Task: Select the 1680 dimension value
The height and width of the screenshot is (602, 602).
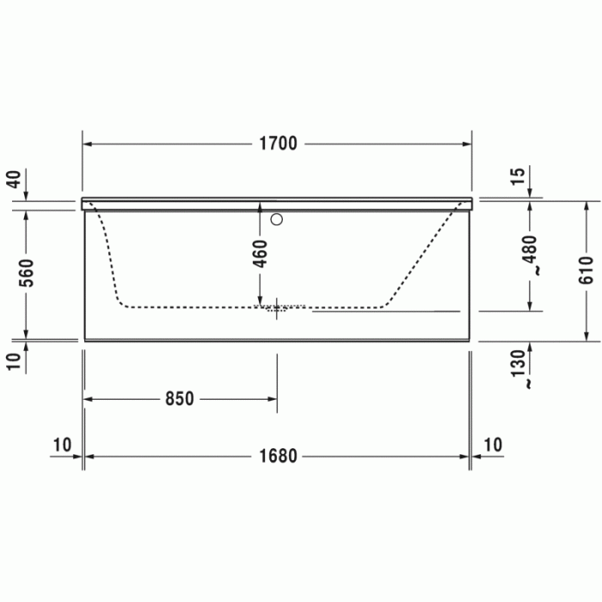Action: [276, 456]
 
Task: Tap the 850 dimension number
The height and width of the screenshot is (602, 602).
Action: [179, 398]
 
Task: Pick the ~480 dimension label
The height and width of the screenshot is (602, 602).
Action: [531, 255]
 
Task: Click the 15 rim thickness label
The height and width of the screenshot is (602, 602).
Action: [518, 176]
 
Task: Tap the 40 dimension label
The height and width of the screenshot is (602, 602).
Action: [13, 180]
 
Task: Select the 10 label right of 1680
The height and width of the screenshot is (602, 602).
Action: [492, 445]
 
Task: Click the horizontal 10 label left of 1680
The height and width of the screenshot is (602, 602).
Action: [62, 445]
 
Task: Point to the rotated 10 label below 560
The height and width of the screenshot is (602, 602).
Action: [13, 360]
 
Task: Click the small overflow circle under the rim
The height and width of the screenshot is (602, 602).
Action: [277, 219]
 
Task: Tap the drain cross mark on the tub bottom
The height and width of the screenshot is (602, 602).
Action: [277, 309]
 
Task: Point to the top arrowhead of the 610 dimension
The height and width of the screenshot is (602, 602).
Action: [587, 206]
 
